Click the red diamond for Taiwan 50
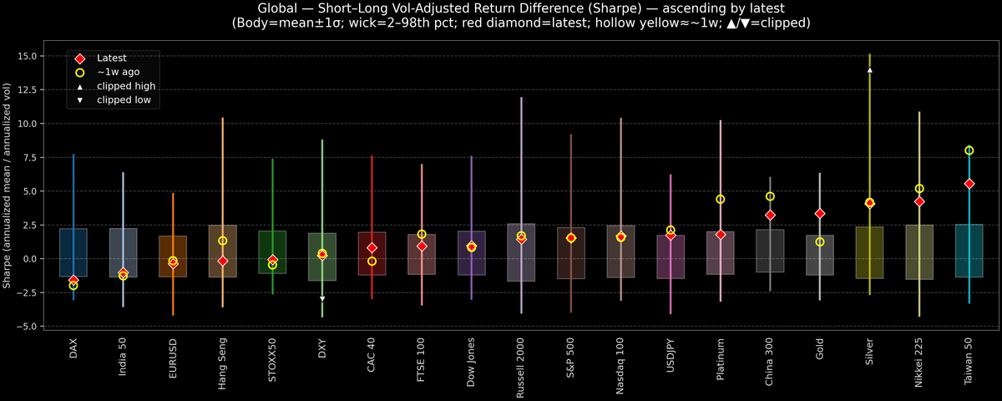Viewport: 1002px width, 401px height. click(x=969, y=183)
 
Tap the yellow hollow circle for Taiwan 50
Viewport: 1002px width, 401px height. click(x=969, y=150)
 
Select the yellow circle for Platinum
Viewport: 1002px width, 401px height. click(x=720, y=199)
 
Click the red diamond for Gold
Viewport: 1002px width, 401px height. click(x=820, y=214)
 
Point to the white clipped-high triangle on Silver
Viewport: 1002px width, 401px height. click(x=869, y=70)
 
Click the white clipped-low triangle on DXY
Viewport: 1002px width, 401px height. click(x=322, y=298)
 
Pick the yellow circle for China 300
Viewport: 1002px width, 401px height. click(x=770, y=196)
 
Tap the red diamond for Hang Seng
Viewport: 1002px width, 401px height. click(x=223, y=261)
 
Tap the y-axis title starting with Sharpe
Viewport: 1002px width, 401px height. click(x=8, y=185)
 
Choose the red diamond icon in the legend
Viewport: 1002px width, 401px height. click(x=80, y=58)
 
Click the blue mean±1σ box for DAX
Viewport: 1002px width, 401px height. click(x=73, y=252)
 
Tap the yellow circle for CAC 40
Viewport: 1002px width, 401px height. click(x=372, y=261)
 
